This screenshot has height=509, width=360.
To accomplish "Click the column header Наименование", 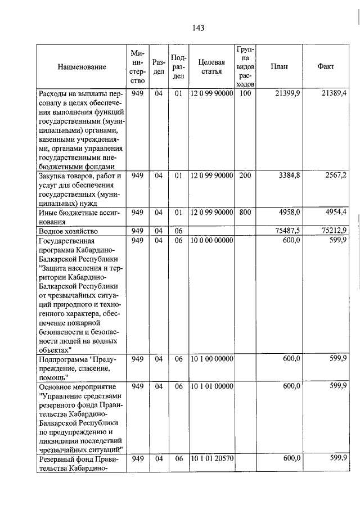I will click(82, 67).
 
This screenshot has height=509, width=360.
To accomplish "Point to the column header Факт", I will click(326, 66).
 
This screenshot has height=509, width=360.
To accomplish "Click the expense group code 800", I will click(245, 212).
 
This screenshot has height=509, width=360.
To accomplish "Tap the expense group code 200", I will click(245, 175).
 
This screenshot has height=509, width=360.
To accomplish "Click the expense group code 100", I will click(245, 93).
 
